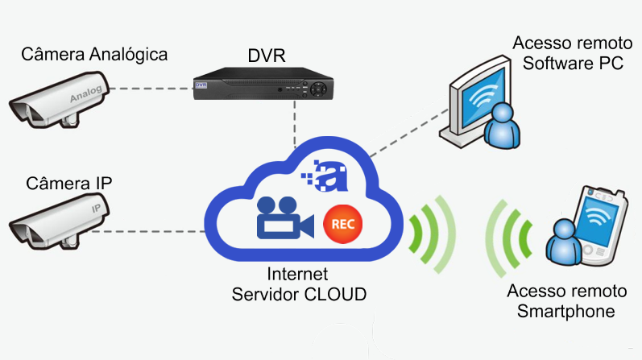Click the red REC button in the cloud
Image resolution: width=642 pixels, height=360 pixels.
(x=339, y=223)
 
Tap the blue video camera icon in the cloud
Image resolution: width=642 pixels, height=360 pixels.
(x=282, y=219)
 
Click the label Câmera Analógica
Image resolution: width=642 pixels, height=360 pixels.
(x=94, y=55)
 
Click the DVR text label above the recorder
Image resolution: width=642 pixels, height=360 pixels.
(x=267, y=57)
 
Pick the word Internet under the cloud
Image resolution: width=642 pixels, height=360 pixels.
(x=298, y=275)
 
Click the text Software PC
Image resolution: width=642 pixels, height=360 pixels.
(x=573, y=64)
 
